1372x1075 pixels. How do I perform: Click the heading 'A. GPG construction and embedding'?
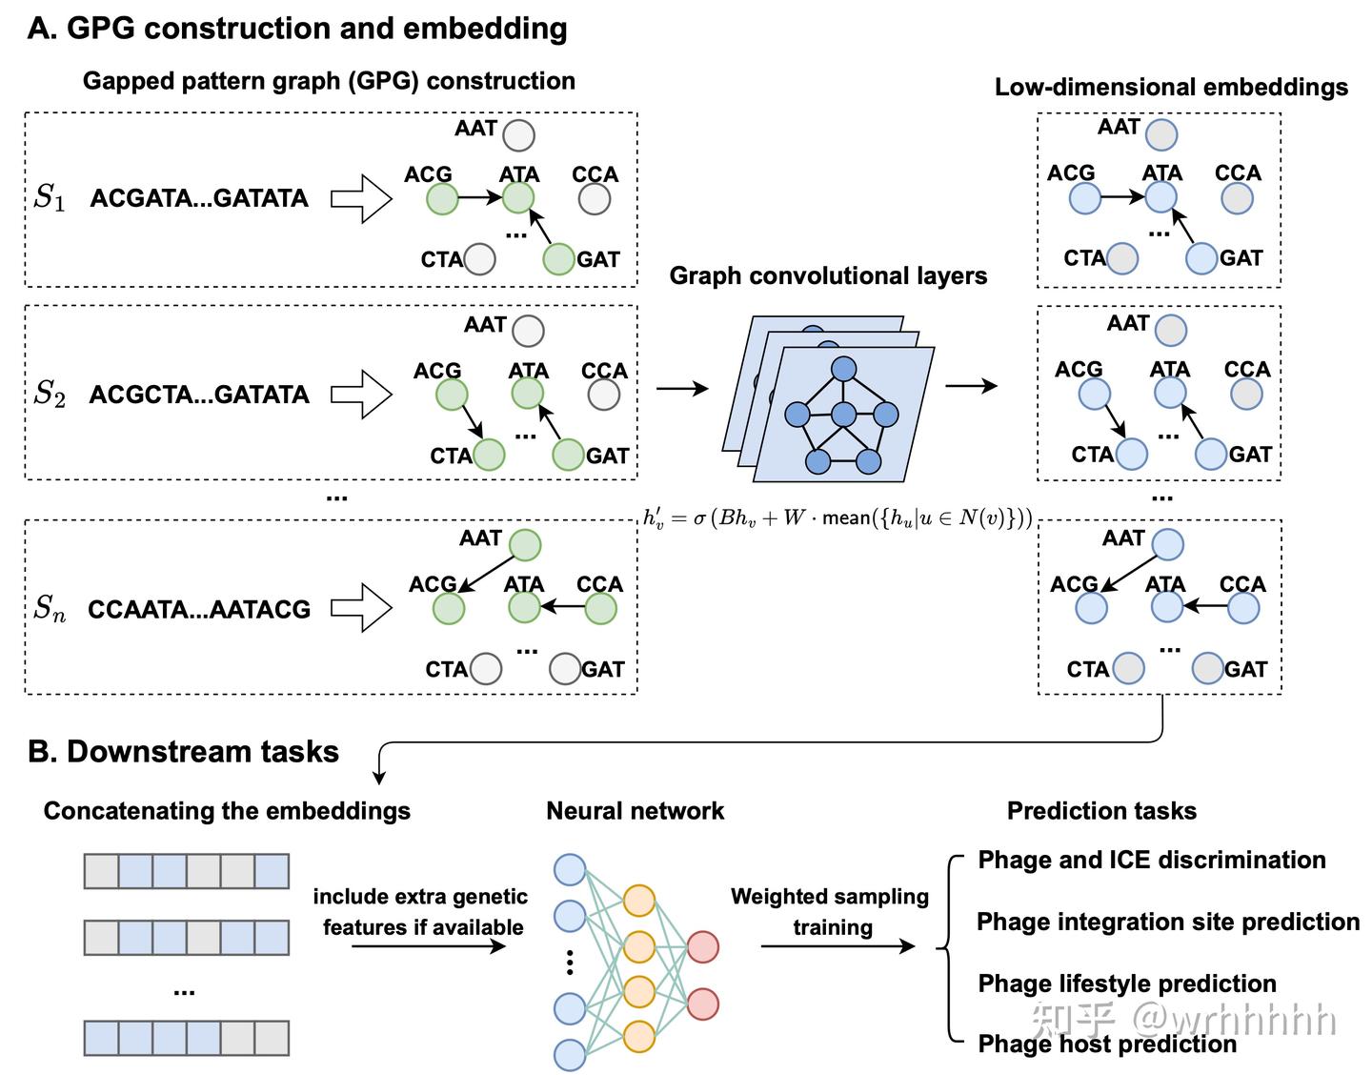coord(297,29)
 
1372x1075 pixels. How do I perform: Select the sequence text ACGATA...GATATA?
coord(199,198)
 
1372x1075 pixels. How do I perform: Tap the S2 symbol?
coord(50,394)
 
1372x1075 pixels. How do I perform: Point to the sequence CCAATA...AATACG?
coord(199,610)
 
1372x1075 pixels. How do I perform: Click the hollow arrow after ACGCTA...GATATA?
coord(361,395)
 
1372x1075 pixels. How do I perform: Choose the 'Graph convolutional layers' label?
coord(828,276)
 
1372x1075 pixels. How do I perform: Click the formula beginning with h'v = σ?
coord(837,518)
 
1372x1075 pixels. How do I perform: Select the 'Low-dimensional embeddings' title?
coord(1171,88)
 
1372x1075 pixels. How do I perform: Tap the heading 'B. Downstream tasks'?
coord(184,752)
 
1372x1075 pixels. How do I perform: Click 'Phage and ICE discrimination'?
coord(1151,861)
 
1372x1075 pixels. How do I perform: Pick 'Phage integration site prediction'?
coord(1168,923)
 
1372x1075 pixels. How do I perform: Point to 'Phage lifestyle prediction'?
coord(1126,984)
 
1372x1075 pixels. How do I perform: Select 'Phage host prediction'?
coord(1107,1045)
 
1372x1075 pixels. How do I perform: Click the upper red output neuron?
coord(703,946)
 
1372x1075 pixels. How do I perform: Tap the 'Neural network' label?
coord(635,811)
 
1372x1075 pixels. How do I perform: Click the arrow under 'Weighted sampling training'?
coord(837,946)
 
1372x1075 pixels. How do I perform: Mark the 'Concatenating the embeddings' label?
coord(227,811)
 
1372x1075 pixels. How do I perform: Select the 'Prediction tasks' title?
coord(1101,811)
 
